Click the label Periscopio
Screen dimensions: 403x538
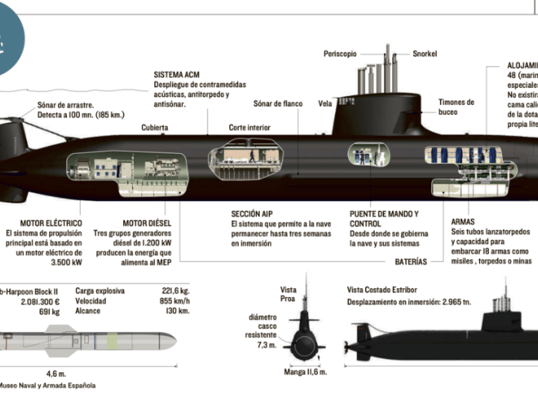(x=340, y=53)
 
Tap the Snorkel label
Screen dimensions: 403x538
(x=425, y=53)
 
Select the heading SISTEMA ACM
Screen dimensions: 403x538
(x=177, y=75)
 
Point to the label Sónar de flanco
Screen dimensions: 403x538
(x=278, y=104)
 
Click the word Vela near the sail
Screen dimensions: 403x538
(x=325, y=104)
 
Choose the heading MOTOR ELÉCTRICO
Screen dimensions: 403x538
(x=51, y=223)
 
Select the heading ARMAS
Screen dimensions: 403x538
(x=463, y=221)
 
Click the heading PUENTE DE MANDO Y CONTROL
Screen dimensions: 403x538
(x=383, y=218)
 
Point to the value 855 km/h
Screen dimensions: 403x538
(x=176, y=302)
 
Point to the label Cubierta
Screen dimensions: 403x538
(x=155, y=127)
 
